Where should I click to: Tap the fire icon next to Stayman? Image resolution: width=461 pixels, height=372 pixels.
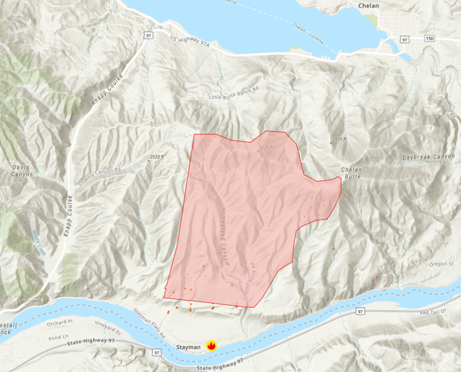pyautogui.click(x=212, y=345)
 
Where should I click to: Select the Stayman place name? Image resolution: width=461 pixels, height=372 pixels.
pyautogui.click(x=188, y=347)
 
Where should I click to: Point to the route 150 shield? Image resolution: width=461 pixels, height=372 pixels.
pyautogui.click(x=430, y=37)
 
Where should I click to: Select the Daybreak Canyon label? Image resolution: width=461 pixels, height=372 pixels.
pyautogui.click(x=428, y=157)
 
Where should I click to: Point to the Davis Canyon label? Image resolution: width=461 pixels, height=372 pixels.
pyautogui.click(x=22, y=170)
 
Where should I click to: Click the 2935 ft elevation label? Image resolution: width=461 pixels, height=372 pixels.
pyautogui.click(x=339, y=139)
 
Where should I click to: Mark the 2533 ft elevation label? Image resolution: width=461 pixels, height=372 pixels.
pyautogui.click(x=156, y=157)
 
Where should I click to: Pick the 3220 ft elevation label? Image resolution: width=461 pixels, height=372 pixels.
pyautogui.click(x=266, y=147)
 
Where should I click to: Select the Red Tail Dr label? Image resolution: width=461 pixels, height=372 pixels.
pyautogui.click(x=432, y=312)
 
